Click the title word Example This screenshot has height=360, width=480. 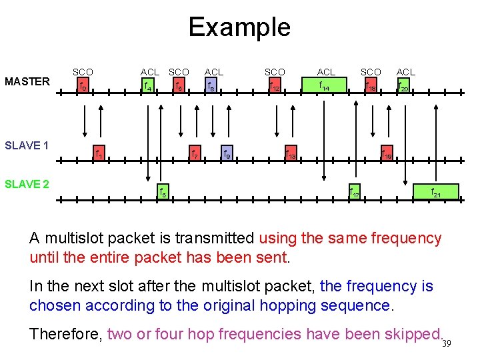tap(239, 27)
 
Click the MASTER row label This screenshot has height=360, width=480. tap(27, 82)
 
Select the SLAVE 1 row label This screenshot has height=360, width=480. tap(27, 145)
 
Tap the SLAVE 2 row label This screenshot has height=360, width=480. tap(27, 184)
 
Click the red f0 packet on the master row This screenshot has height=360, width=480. tap(83, 85)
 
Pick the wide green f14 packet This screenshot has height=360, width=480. tap(325, 85)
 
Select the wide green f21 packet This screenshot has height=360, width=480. tap(435, 192)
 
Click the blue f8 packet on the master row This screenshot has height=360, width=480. tap(211, 85)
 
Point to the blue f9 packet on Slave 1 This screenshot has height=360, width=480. tap(227, 154)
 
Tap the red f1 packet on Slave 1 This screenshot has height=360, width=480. tap(99, 154)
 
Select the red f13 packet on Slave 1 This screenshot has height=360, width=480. tap(291, 154)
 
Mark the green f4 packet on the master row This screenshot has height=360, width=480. tap(148, 85)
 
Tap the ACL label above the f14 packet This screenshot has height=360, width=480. tap(326, 72)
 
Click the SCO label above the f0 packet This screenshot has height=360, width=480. tap(83, 72)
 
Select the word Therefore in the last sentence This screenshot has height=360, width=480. tap(65, 333)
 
